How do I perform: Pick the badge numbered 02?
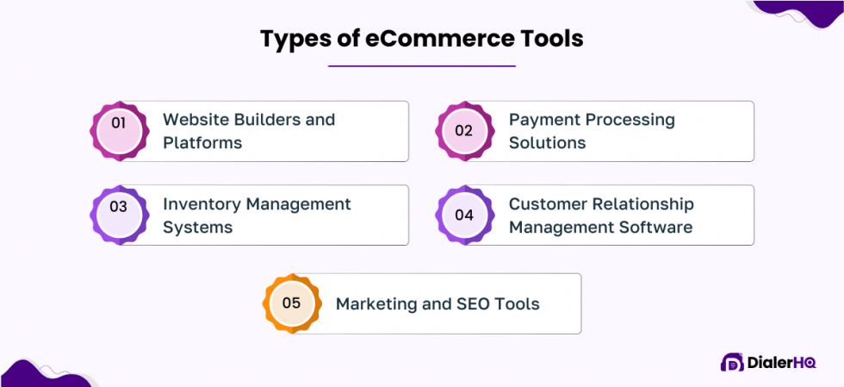464,131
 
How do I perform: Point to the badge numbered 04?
464,215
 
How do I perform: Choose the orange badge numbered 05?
291,303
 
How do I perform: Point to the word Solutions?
547,143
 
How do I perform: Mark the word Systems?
197,228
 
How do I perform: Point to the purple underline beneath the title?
422,66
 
